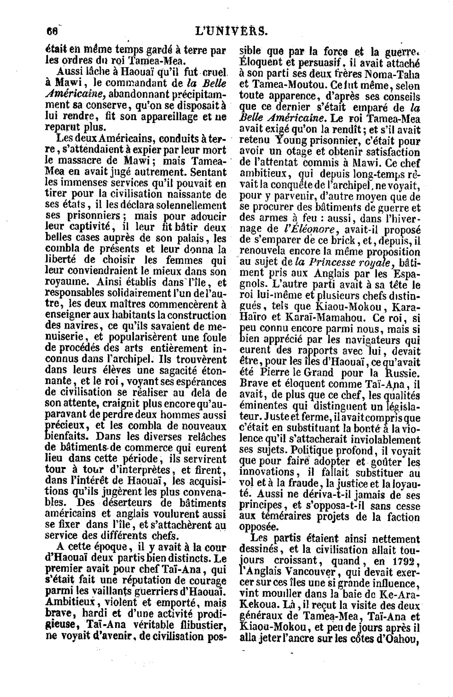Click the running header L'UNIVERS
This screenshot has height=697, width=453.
(x=230, y=32)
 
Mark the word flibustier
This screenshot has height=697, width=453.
(x=201, y=626)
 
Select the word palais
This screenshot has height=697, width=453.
(x=193, y=239)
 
